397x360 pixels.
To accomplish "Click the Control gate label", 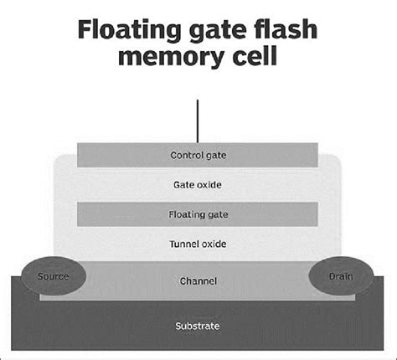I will (x=198, y=155).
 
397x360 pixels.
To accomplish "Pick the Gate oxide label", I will (x=198, y=184).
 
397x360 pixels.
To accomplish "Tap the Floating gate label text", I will (x=198, y=214).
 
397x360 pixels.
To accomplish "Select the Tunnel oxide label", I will (x=198, y=244).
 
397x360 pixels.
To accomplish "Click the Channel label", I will (x=198, y=281).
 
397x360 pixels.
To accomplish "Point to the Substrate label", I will (x=198, y=326).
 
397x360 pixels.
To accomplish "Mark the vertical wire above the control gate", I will (x=198, y=121).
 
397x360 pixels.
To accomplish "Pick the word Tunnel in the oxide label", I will (x=184, y=244).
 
